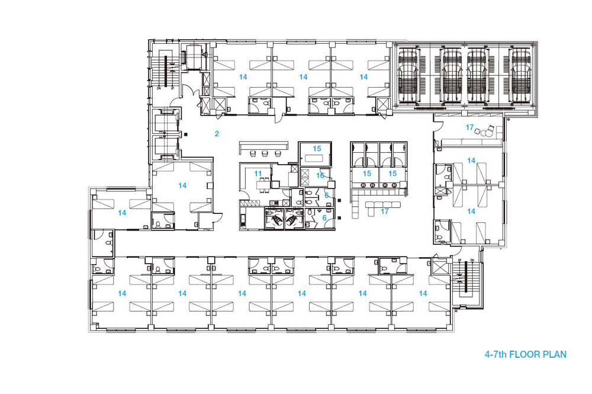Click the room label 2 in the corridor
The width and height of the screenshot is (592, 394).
(217, 134)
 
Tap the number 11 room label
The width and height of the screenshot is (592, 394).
(258, 173)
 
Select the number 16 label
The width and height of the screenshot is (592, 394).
(320, 175)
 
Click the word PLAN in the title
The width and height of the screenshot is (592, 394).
(553, 355)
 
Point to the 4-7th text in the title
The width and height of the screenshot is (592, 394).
(496, 355)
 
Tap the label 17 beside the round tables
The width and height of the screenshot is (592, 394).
(469, 127)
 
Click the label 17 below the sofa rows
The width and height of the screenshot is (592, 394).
(385, 212)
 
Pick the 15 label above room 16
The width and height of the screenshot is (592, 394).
(317, 148)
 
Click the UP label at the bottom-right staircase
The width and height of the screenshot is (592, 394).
(459, 261)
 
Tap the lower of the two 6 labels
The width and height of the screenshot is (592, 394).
(324, 218)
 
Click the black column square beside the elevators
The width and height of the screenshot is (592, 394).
(185, 134)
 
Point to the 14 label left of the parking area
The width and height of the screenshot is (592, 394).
(363, 77)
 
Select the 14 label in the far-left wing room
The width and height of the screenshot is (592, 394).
(122, 212)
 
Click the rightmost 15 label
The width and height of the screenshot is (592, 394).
(392, 174)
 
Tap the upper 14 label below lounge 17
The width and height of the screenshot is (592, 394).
(471, 160)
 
